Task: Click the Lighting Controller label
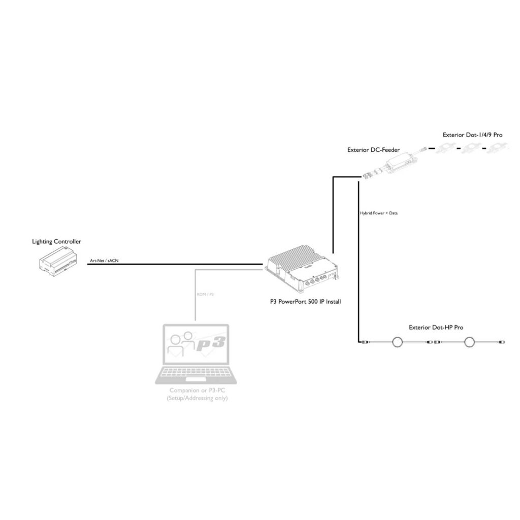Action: click(56, 242)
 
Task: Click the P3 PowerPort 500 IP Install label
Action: click(305, 302)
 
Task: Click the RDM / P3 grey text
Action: click(206, 295)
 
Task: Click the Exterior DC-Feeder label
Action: click(373, 150)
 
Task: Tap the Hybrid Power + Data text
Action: click(378, 213)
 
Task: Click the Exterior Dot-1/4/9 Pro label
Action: click(472, 135)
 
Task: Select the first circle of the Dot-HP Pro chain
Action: click(396, 343)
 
